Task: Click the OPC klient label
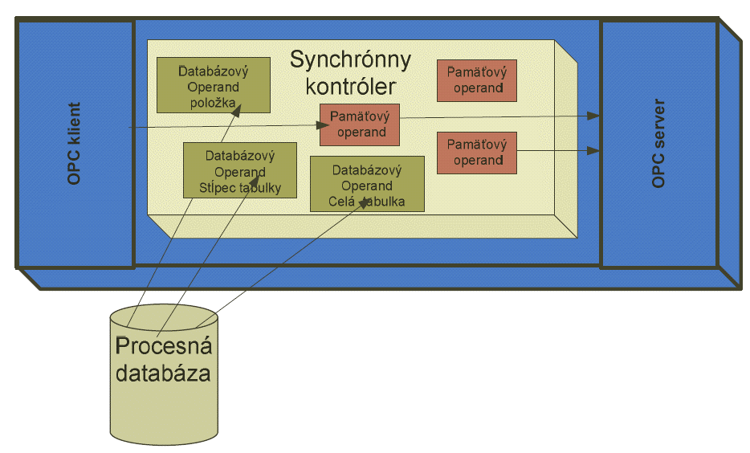coord(75,144)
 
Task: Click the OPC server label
coord(658,144)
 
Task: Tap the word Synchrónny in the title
coord(350,60)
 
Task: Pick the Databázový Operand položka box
coord(213,84)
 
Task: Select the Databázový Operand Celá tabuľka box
coord(367,184)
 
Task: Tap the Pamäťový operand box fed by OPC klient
coord(359,124)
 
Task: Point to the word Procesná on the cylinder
coord(164,347)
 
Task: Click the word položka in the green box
coord(213,103)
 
